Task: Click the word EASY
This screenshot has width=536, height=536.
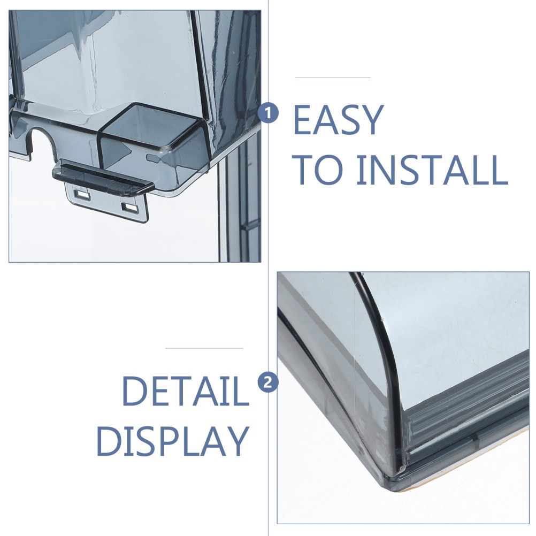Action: [x=338, y=120]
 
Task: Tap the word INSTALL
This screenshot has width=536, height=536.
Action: [x=432, y=170]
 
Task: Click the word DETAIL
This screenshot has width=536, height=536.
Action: [x=186, y=390]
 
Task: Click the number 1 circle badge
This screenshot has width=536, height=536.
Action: [x=268, y=113]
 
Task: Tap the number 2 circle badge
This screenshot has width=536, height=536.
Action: [x=268, y=381]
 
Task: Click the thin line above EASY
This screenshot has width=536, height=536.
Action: [x=333, y=78]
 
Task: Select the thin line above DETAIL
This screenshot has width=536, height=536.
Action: [x=204, y=348]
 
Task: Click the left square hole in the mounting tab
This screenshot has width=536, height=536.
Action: [x=82, y=195]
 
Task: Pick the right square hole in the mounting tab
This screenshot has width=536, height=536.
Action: [x=130, y=208]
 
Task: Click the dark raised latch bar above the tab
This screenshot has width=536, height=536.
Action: [x=103, y=179]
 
